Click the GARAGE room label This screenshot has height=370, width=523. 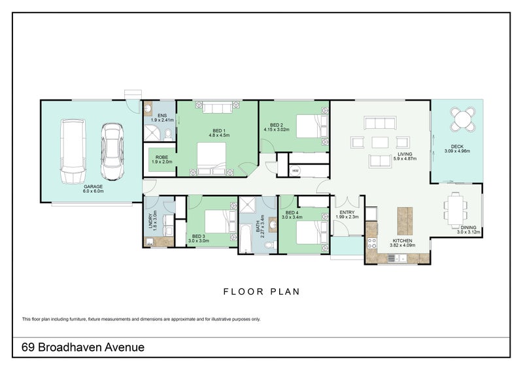point(93,186)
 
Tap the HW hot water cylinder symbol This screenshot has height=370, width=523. point(295,171)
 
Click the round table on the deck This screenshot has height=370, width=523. point(462,119)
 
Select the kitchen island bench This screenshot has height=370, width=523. point(405,221)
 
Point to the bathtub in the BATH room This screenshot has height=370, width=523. point(246,239)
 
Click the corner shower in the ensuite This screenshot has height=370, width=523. point(153,133)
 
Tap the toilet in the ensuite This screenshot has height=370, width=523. point(168,134)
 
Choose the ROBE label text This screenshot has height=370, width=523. point(161,157)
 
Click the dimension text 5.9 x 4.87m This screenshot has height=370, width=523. point(405,159)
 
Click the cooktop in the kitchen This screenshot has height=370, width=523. point(372,243)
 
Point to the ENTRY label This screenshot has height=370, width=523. point(347,212)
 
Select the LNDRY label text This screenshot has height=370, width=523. point(150,221)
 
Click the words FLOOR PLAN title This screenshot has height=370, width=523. point(261,292)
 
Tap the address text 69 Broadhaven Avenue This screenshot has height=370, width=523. point(83,347)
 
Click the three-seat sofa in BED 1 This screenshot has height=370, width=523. point(217,107)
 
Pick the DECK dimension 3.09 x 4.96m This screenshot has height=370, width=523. point(457,151)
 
